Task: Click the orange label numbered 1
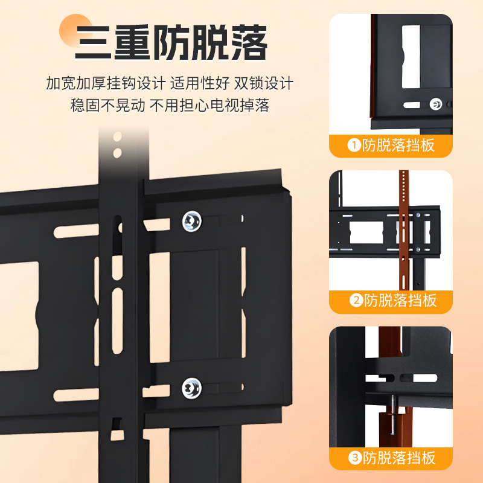coord(391,146)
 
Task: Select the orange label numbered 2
coord(391,301)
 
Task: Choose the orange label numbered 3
coord(391,458)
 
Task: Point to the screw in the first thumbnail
coord(435,104)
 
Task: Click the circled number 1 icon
coord(353,146)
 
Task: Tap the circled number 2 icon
coord(354,301)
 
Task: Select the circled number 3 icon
coord(354,458)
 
